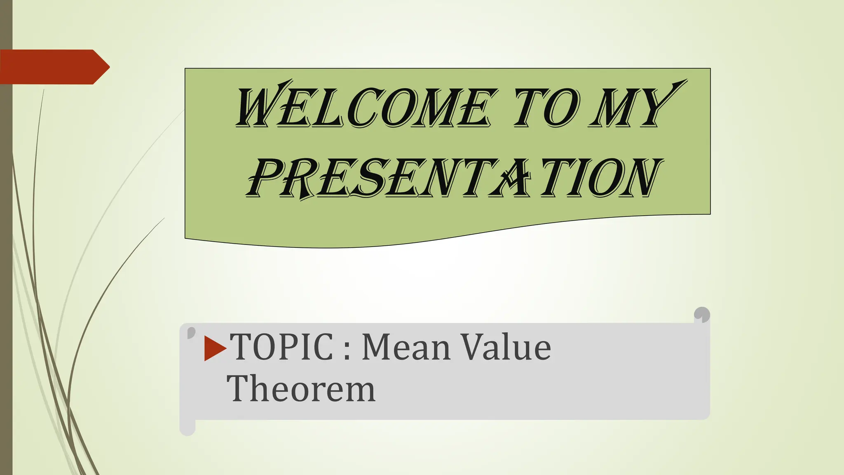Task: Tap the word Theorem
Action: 301,388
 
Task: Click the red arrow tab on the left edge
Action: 54,67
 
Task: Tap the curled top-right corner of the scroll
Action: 702,315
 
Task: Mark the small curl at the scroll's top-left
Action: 191,332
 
